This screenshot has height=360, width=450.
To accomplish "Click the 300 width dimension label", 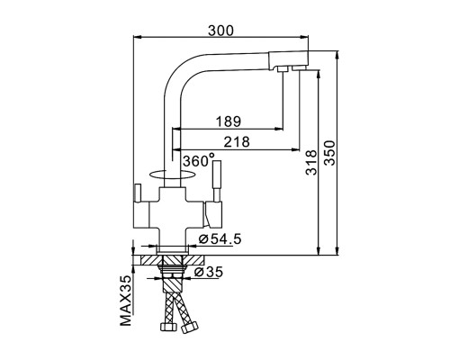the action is click(x=220, y=31).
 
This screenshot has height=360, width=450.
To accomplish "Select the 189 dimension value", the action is click(x=229, y=121).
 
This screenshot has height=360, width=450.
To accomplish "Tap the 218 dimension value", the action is click(x=237, y=142).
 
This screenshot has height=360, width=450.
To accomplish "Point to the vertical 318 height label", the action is click(x=311, y=162).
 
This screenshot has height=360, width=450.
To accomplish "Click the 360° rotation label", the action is click(x=199, y=160).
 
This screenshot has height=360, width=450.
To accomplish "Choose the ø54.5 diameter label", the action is click(x=220, y=239).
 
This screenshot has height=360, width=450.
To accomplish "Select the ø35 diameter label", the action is click(x=209, y=272).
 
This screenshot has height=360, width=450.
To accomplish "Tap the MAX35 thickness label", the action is click(x=126, y=301).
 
